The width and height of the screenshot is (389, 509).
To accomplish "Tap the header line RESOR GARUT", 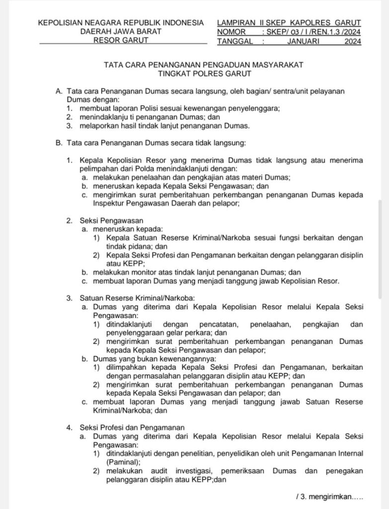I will click(121, 41).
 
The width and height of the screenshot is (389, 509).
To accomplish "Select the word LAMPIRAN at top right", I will click(236, 23).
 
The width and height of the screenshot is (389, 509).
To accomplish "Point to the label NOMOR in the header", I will click(232, 32).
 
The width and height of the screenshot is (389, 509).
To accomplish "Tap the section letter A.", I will click(59, 91).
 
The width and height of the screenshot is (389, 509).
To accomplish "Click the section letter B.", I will click(59, 143).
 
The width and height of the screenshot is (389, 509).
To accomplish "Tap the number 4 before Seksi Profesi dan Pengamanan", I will click(69, 427).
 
